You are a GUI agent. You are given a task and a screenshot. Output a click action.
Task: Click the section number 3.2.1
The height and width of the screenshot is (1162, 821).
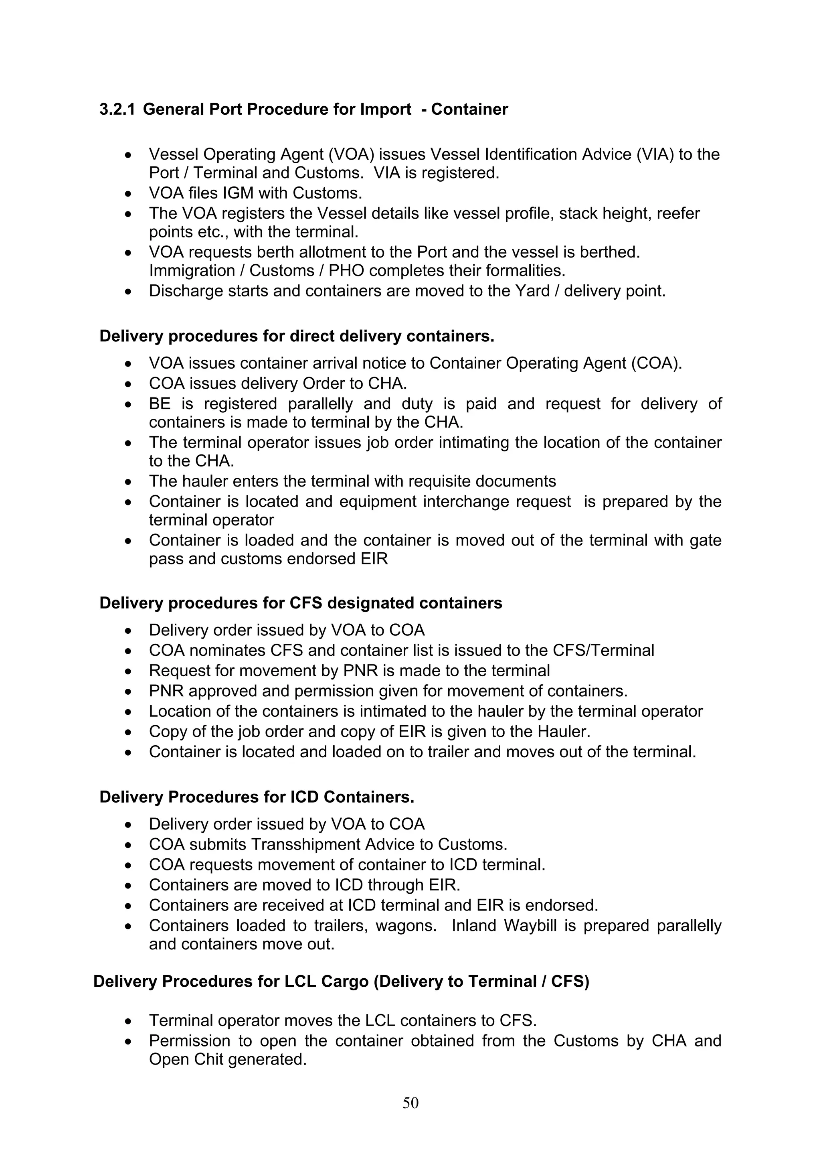pos(117,110)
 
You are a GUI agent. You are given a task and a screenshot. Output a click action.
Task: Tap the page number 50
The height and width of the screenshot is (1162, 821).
pos(410,1103)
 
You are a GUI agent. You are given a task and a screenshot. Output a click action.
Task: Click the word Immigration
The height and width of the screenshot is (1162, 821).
pos(191,271)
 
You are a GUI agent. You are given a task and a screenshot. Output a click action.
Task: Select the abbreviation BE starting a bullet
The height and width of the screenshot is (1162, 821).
pos(160,404)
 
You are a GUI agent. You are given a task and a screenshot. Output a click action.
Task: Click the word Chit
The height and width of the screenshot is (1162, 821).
pos(206,1059)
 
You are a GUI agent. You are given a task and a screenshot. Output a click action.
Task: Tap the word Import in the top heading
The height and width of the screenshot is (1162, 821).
pos(386,110)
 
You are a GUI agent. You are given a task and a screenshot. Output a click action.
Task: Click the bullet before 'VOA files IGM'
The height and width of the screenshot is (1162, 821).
pos(129,194)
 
